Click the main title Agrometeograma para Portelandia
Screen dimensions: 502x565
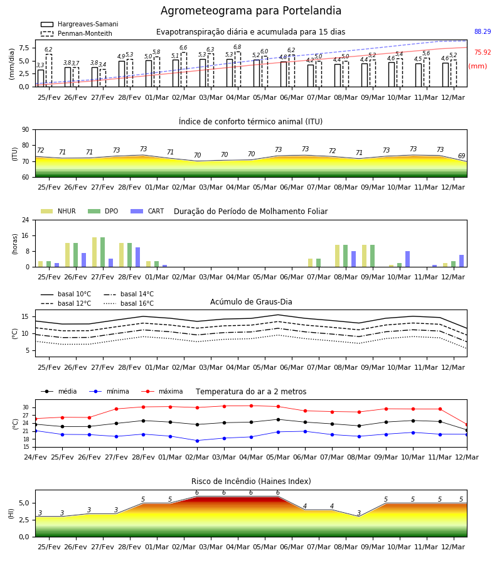click(250, 11)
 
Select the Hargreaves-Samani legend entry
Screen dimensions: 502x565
click(79, 24)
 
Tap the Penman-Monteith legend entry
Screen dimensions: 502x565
click(77, 33)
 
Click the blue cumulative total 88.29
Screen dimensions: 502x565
click(483, 32)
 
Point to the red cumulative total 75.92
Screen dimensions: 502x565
click(483, 53)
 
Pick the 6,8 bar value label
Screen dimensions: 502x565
click(237, 47)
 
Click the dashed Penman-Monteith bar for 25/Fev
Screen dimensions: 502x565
click(48, 70)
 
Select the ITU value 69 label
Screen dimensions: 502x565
click(461, 156)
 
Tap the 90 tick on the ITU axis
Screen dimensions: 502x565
click(26, 130)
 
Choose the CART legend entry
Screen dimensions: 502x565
click(147, 211)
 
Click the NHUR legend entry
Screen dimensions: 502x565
click(58, 211)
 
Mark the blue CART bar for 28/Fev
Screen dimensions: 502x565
click(137, 257)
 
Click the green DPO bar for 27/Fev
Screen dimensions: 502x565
click(103, 252)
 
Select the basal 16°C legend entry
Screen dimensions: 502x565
click(129, 304)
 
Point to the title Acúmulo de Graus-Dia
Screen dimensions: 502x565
click(251, 302)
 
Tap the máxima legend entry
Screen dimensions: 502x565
click(162, 391)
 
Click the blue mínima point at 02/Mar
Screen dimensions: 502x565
click(197, 441)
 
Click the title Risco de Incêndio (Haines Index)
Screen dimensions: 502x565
click(251, 482)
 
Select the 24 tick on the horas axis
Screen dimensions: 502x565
click(26, 220)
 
